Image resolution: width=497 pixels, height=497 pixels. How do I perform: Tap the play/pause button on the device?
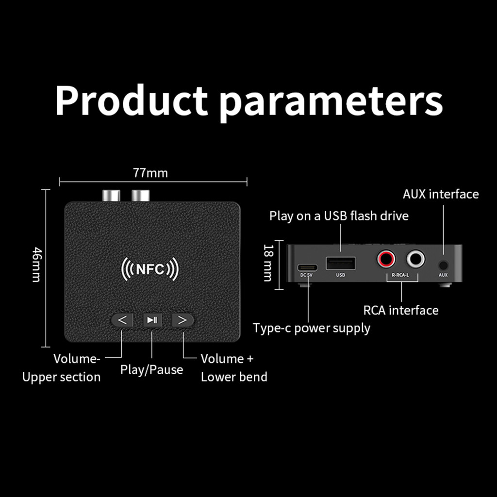click(x=152, y=320)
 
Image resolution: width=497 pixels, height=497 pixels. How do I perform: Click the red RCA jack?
click(x=386, y=259)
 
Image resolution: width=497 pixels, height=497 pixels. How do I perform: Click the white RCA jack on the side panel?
click(x=415, y=259)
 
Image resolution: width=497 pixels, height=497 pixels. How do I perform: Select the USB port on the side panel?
click(x=340, y=264)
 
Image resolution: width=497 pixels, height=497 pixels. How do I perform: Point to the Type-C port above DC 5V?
click(x=307, y=267)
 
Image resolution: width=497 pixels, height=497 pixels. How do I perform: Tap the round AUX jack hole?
click(x=443, y=265)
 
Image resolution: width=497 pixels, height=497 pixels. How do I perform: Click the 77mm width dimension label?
click(x=150, y=173)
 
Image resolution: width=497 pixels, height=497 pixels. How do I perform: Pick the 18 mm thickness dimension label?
click(x=267, y=263)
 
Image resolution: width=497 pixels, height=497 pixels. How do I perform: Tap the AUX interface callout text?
click(x=441, y=194)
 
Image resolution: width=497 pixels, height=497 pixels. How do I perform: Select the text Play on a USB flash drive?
click(x=339, y=215)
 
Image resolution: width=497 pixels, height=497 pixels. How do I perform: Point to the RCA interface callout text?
click(x=401, y=310)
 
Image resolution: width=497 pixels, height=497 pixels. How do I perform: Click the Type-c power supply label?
click(x=312, y=328)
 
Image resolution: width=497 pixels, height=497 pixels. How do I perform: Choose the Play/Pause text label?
click(x=152, y=370)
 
